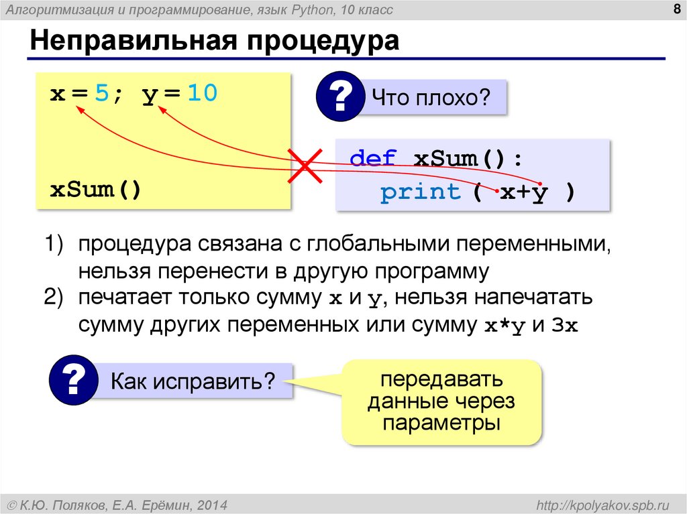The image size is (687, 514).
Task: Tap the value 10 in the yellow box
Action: pos(202,94)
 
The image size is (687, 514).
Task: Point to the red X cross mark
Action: pos(303,165)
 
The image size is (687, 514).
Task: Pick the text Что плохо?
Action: pos(432,99)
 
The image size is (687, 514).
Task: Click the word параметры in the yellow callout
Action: pos(441,424)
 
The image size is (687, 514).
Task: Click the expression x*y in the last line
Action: pos(504,326)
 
